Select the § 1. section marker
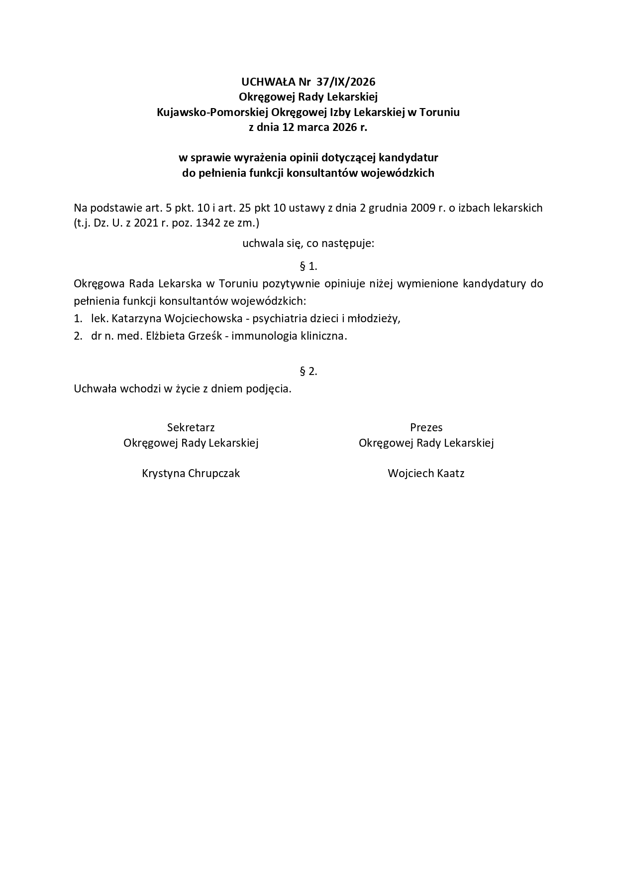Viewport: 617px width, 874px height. [x=308, y=266]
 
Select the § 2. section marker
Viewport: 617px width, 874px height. [x=308, y=371]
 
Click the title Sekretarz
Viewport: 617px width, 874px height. [x=191, y=427]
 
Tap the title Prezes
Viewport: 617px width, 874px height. [x=426, y=427]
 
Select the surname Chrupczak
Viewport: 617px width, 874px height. [x=214, y=473]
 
